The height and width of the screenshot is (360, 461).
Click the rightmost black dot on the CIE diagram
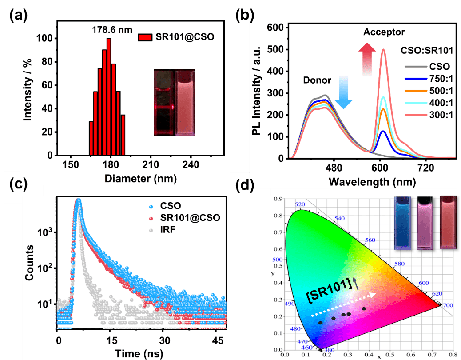(364, 308)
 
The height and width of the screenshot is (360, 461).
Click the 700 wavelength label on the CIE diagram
(448, 306)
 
